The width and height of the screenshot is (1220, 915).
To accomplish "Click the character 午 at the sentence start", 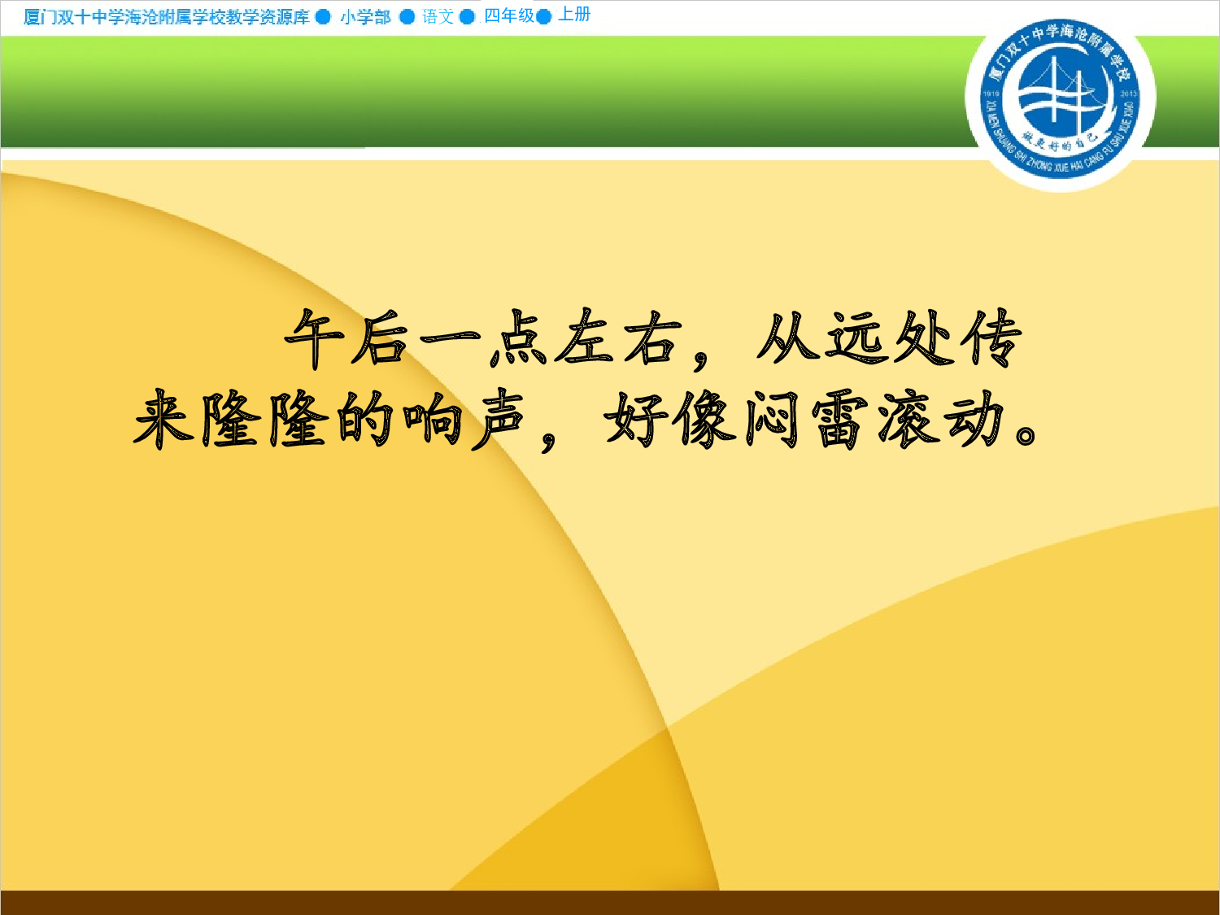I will (x=314, y=338).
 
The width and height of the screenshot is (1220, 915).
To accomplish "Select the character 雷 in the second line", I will (x=839, y=420).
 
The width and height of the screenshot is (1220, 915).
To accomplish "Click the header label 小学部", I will (x=365, y=17).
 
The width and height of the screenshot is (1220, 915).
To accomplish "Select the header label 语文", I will (x=438, y=17).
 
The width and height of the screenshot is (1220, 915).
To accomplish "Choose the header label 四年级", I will (x=509, y=16).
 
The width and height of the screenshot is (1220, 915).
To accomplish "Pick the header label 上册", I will (x=574, y=15).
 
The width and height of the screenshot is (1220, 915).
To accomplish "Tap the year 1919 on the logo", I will (x=991, y=94).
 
